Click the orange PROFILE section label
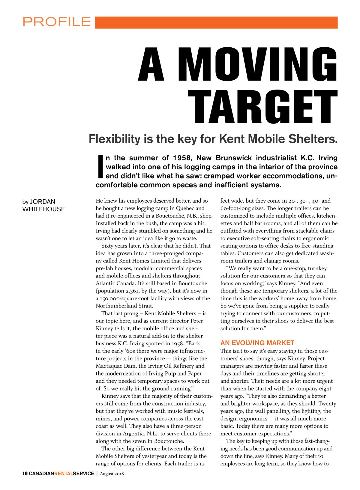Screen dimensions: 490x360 point(57,22)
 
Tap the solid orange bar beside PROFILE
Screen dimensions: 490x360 point(216,22)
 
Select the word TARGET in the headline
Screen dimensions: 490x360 point(262,107)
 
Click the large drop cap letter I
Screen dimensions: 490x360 point(100,167)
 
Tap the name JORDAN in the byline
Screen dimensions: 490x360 point(43,202)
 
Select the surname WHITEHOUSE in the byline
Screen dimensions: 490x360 point(43,209)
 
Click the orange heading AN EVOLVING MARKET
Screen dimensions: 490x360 point(257,343)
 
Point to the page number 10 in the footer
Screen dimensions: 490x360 point(25,474)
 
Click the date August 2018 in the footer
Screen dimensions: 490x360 point(112,474)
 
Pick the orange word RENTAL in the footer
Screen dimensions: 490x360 point(64,474)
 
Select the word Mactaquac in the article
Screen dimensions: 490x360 point(109,366)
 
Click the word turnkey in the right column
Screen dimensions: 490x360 point(317,268)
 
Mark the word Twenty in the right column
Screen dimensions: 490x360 point(327,404)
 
